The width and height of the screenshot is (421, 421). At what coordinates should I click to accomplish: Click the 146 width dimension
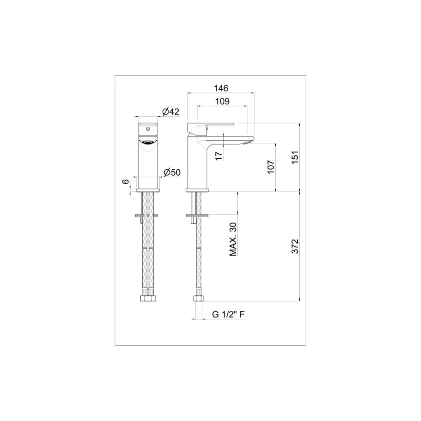[x=221, y=88]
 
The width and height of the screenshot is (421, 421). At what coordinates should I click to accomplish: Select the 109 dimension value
[x=223, y=101]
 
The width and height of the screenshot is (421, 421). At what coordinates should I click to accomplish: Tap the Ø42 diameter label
[x=171, y=112]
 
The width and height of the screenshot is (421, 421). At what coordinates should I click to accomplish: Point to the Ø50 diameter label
[x=172, y=172]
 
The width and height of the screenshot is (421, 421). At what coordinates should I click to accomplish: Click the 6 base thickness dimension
[x=125, y=182]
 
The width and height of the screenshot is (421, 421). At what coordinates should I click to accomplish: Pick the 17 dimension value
[x=219, y=156]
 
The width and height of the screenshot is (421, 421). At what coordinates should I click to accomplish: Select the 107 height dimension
[x=271, y=167]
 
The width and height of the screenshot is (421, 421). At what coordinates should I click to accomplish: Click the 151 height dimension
[x=295, y=157]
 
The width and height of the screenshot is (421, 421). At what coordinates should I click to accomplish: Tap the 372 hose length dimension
[x=295, y=246]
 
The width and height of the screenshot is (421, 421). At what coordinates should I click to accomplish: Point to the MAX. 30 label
[x=233, y=239]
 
